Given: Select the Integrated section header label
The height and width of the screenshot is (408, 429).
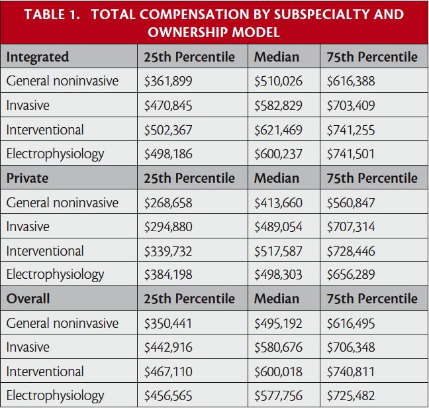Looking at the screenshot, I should point(38,57).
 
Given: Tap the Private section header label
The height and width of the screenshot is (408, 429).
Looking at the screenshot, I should point(28,178).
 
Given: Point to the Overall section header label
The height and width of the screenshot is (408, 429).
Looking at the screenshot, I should point(29,299).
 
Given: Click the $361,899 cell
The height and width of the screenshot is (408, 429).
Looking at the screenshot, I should point(169,81).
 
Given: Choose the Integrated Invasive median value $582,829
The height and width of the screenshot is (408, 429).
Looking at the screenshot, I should point(279,105).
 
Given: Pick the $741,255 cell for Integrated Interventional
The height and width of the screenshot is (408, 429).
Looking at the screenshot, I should point(351,130).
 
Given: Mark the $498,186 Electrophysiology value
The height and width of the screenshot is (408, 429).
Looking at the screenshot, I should point(169,154).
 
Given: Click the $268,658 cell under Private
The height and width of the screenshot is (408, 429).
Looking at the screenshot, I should point(169,203).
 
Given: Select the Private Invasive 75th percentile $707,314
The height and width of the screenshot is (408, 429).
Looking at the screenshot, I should point(351,227).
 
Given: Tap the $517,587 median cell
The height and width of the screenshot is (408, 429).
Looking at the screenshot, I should point(279,251).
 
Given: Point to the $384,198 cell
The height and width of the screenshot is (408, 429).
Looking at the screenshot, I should point(169,275).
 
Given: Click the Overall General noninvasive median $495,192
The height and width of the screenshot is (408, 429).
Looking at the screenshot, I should point(279,323).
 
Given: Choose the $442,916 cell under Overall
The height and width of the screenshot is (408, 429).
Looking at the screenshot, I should point(169,347).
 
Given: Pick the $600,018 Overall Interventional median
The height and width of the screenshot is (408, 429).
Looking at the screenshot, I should point(279,372).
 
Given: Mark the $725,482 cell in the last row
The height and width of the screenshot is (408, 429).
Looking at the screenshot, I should point(351,395).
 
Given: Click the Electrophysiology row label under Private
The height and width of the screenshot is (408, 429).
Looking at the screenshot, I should point(56,275).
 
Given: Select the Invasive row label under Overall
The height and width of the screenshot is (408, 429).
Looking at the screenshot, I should point(28,347).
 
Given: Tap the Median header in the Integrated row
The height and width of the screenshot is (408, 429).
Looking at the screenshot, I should point(277,57).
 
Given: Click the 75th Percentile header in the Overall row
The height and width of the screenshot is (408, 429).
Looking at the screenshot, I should point(372,299).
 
